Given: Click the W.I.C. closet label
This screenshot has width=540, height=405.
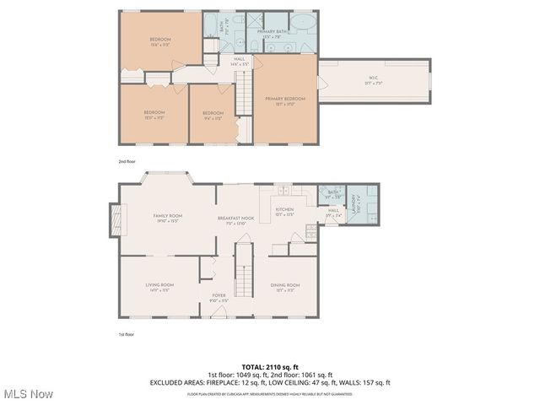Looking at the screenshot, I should click(x=374, y=81).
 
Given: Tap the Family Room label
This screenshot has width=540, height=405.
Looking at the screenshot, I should click(x=167, y=218).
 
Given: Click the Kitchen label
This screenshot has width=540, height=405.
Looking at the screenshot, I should click(x=284, y=211).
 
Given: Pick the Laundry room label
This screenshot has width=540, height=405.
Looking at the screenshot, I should click(x=354, y=205).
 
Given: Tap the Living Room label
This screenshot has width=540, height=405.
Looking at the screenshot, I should click(x=160, y=287).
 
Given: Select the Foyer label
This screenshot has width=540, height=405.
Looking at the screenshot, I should click(x=219, y=297).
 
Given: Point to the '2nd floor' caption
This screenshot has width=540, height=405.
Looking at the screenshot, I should click(x=127, y=159).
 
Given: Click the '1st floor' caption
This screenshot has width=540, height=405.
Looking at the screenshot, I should click(x=126, y=334).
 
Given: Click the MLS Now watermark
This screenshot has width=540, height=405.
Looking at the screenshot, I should click(x=28, y=394).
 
